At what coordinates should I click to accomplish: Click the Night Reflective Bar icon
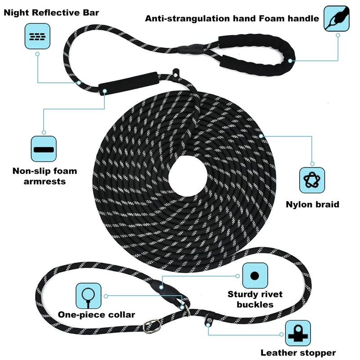coord(37,36)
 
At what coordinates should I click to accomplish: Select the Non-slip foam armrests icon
coord(44,149)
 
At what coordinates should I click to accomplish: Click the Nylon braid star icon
coord(312,180)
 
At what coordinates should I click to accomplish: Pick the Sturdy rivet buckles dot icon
coord(255,275)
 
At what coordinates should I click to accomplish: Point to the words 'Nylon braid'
coord(312,204)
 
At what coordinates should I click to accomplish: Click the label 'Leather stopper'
coord(298,352)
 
